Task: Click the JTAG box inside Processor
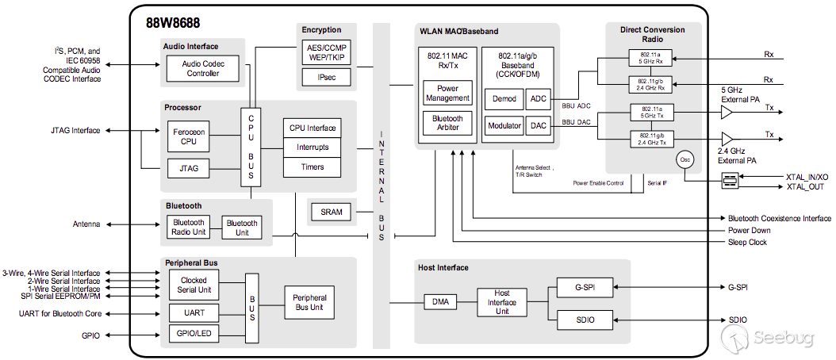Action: pos(188,168)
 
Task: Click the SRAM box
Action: pos(331,213)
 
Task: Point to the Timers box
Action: pos(313,167)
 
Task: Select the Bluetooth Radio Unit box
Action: pos(188,228)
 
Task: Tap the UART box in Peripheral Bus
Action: pos(194,312)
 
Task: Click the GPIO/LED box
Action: pos(194,334)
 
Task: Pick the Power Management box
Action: pos(448,94)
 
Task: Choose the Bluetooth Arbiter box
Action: pos(448,123)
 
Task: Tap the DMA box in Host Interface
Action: pos(440,302)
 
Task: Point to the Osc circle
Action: pos(685,159)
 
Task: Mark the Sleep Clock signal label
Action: pos(747,243)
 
